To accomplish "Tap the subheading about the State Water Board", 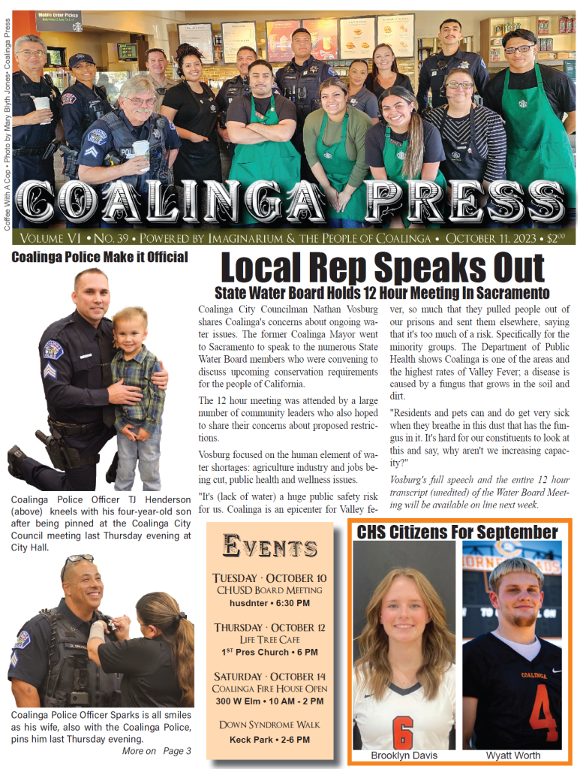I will click(x=383, y=293).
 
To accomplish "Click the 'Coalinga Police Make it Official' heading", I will click(x=99, y=258).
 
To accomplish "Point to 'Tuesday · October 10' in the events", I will click(x=269, y=578).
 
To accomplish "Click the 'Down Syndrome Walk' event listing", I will click(x=269, y=725).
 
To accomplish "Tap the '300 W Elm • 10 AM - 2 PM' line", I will click(x=269, y=701).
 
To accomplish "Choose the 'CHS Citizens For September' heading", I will click(x=457, y=532).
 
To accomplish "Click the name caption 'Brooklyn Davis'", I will click(x=404, y=755).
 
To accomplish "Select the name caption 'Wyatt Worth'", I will click(x=512, y=755).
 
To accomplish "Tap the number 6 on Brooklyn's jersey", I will click(x=403, y=731).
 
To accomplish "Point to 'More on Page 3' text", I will click(x=156, y=751).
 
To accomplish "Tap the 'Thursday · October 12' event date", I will click(x=269, y=627).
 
